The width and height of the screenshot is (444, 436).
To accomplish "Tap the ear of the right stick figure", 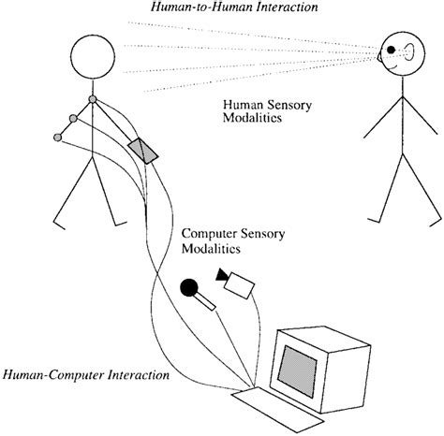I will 400,63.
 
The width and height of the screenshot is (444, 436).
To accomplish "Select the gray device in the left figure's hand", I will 145,150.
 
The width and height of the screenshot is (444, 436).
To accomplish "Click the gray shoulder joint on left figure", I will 92,98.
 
